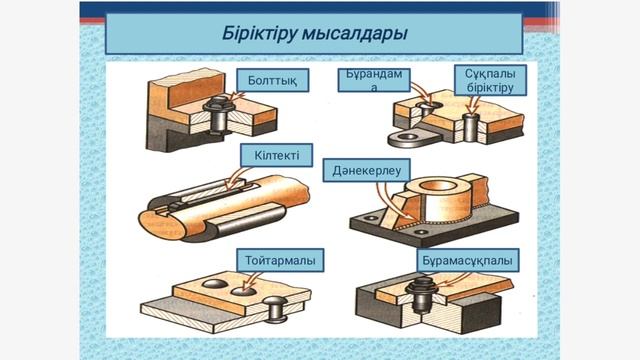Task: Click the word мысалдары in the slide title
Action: pyautogui.click(x=354, y=33)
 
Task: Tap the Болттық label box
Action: pyautogui.click(x=272, y=80)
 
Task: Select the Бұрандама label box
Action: pyautogui.click(x=374, y=80)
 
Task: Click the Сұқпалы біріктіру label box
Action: pyautogui.click(x=490, y=80)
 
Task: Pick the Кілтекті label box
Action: pyautogui.click(x=276, y=155)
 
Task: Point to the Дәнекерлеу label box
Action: pyautogui.click(x=367, y=170)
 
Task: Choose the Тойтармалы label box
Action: pyautogui.click(x=280, y=260)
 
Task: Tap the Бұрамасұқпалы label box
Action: pyautogui.click(x=467, y=260)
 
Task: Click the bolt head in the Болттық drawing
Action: pyautogui.click(x=217, y=106)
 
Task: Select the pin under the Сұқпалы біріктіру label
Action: pyautogui.click(x=471, y=128)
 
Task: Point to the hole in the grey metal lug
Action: pyautogui.click(x=407, y=137)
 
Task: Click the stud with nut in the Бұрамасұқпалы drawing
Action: pyautogui.click(x=422, y=295)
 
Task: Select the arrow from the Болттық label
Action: pyautogui.click(x=236, y=96)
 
